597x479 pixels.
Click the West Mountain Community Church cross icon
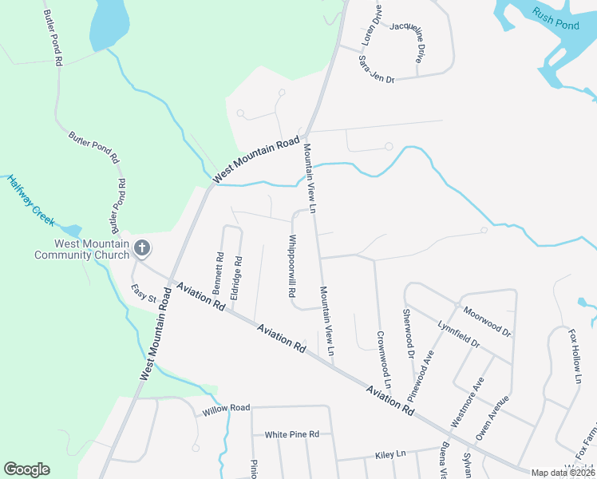point(142,248)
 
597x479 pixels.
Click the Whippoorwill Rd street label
point(292,266)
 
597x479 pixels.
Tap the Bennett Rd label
point(219,271)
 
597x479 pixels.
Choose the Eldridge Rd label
point(236,277)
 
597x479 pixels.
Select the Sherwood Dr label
point(409,334)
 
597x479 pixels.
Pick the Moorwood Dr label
point(485,319)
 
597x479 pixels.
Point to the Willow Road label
point(226,410)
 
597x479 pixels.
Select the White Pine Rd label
point(292,434)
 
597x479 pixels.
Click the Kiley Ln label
point(390,454)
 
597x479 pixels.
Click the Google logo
point(26,469)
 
